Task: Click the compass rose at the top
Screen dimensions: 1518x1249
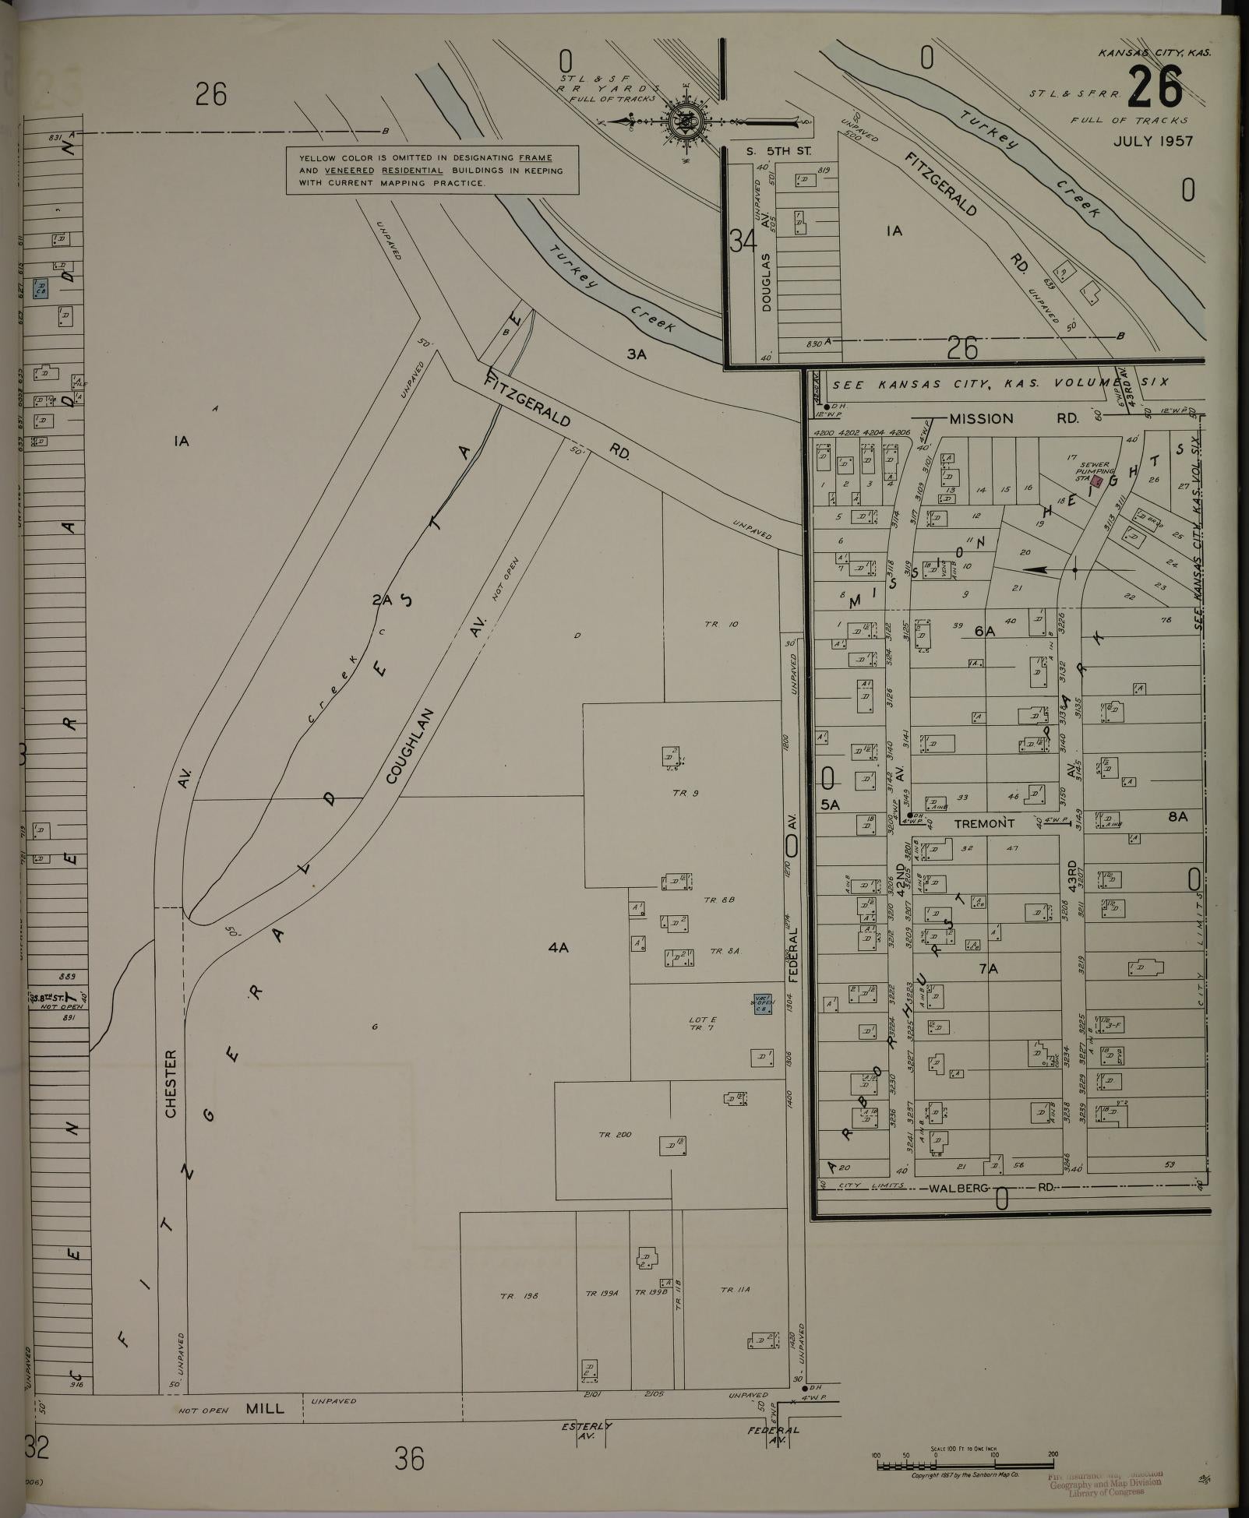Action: (x=686, y=122)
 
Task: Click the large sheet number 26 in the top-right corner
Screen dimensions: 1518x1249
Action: (x=1155, y=89)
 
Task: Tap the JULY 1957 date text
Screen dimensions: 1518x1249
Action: (x=1152, y=141)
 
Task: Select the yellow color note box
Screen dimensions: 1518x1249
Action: (x=432, y=170)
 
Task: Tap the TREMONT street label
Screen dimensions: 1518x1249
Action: (x=984, y=823)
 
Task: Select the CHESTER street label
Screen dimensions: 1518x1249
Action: (x=171, y=1084)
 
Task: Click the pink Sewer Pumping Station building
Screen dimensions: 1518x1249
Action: (x=1098, y=481)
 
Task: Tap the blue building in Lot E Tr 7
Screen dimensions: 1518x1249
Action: (x=762, y=1004)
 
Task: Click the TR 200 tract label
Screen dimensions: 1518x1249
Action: (x=615, y=1135)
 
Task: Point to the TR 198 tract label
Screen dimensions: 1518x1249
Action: (x=519, y=1296)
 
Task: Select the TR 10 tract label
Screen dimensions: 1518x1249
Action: (x=721, y=624)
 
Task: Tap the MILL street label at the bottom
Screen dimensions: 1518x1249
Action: (x=265, y=1409)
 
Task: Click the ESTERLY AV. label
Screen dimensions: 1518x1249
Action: (x=587, y=1431)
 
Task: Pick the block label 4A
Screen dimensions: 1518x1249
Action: (x=558, y=948)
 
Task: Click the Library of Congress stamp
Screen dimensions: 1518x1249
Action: (x=1105, y=1485)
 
